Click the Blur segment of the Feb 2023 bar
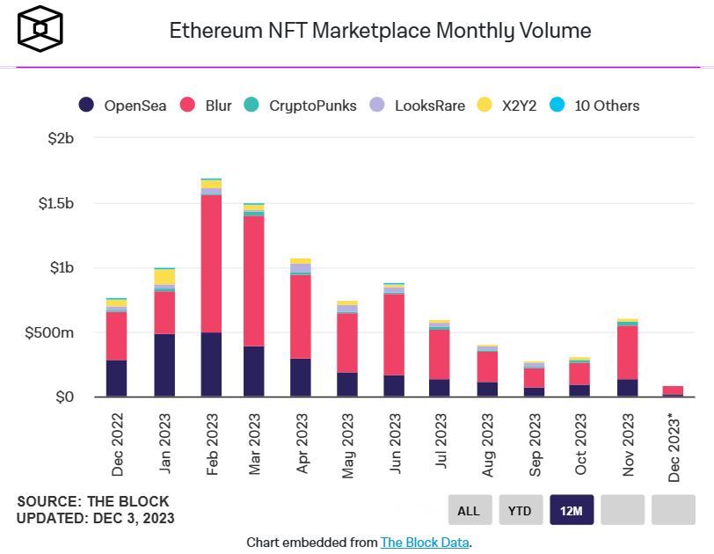(x=211, y=264)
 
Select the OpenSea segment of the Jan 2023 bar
(x=164, y=365)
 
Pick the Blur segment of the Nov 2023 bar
(x=628, y=353)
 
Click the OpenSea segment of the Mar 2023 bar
(x=253, y=371)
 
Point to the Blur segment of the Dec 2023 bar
(x=673, y=390)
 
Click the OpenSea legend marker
(x=86, y=105)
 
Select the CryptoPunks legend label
(x=313, y=106)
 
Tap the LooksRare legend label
(x=430, y=106)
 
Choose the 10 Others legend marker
(x=557, y=105)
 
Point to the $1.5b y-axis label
(x=56, y=203)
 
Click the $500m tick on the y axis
(x=49, y=332)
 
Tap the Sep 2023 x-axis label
(x=535, y=445)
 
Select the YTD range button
(x=521, y=510)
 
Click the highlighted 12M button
(x=572, y=510)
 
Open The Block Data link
(x=425, y=543)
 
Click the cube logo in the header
(x=40, y=29)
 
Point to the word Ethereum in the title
(x=216, y=31)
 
